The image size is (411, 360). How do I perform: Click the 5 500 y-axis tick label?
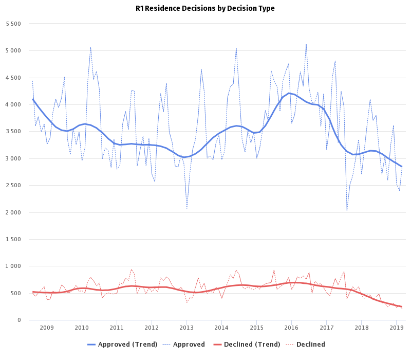(x=12, y=24)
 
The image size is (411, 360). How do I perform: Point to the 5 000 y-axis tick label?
(x=12, y=51)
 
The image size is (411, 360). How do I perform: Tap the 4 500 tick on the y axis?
(x=12, y=78)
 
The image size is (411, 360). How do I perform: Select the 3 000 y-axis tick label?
(x=12, y=158)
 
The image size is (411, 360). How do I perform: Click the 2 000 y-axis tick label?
(x=12, y=212)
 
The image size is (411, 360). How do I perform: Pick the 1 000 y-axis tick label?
(x=12, y=266)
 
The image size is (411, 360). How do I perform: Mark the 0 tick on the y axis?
(x=18, y=320)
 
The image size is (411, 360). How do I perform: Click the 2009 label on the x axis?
(x=47, y=327)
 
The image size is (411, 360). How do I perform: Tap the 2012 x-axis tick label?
(x=152, y=327)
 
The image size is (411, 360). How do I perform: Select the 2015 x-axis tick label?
(x=256, y=327)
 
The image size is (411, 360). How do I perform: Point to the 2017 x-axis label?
(x=326, y=327)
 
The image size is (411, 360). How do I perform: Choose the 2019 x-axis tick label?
(x=396, y=327)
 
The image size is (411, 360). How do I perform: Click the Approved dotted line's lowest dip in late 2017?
(x=347, y=210)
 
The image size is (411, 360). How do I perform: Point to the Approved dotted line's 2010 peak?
(x=90, y=47)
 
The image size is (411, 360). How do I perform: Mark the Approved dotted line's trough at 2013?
(x=186, y=208)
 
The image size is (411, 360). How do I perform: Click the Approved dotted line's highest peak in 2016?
(x=306, y=45)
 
